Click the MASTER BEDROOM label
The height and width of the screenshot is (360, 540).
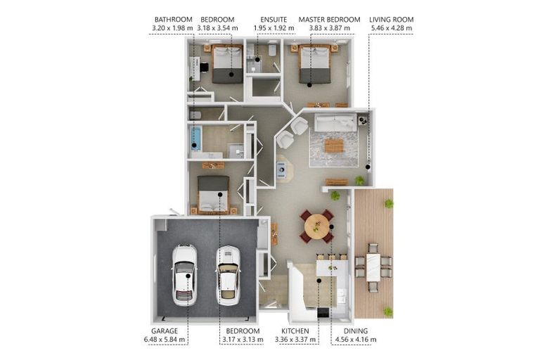coord(329,20)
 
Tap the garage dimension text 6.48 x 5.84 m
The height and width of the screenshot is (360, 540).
coord(165,340)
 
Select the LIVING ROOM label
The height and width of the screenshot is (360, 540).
coord(391,20)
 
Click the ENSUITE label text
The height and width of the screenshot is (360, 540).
coord(274,20)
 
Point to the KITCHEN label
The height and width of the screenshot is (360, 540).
coord(295,331)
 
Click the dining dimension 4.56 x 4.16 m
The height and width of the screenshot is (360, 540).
coord(356,340)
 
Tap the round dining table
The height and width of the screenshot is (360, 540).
coord(316,226)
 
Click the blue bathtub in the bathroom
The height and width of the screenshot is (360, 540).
coord(195,139)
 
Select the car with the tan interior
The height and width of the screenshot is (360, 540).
coord(228,276)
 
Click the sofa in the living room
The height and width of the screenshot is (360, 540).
coord(335,123)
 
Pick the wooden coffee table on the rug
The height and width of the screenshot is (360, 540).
coord(334,146)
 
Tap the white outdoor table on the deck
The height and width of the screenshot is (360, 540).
coord(373,267)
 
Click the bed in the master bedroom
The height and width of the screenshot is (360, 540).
coord(315,65)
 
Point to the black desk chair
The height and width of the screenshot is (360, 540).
coord(204,67)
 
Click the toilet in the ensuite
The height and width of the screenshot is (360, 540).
coord(272,50)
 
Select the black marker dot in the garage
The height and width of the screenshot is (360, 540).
coord(188,276)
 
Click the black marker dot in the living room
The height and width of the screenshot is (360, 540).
coord(368,167)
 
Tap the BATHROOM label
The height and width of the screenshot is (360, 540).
coord(173,20)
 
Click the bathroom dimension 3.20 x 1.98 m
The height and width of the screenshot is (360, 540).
coord(172,28)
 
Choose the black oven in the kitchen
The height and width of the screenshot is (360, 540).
coord(323,312)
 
